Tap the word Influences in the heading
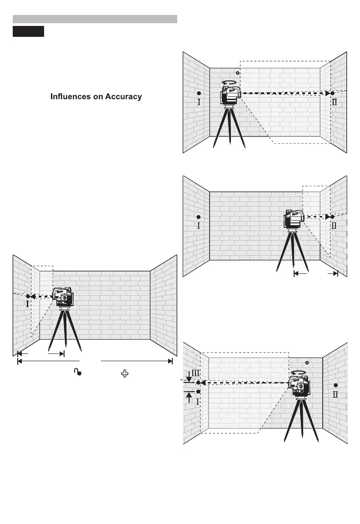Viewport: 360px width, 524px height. tap(73, 97)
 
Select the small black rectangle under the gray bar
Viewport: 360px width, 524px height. tap(28, 31)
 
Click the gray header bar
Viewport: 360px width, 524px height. tap(95, 19)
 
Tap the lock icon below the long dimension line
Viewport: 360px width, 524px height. tap(78, 373)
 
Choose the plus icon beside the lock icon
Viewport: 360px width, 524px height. tap(124, 373)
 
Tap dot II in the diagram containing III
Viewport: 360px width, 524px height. tap(335, 385)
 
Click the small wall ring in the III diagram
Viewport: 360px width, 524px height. tap(307, 363)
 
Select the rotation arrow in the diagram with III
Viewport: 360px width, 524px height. tap(299, 373)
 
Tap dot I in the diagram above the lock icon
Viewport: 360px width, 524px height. tap(28, 296)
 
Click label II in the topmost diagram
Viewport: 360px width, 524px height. tap(335, 102)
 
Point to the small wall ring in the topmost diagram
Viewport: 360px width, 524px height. tap(237, 73)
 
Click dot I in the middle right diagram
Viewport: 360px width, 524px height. tap(199, 217)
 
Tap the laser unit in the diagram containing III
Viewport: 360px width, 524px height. tap(300, 386)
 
